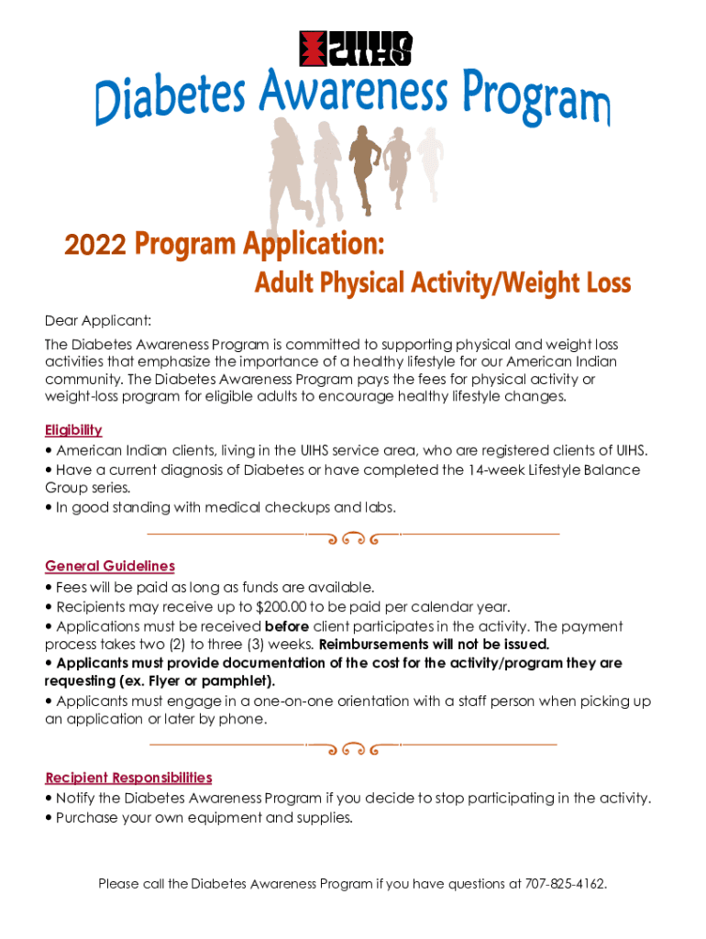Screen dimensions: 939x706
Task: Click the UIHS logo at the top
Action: point(356,49)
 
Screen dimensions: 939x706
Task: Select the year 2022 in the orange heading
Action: point(95,246)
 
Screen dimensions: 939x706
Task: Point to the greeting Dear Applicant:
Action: point(98,320)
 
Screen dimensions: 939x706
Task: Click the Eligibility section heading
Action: point(73,430)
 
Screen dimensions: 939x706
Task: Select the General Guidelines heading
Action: point(110,566)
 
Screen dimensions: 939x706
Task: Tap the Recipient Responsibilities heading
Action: point(128,778)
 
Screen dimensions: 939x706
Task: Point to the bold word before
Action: point(286,626)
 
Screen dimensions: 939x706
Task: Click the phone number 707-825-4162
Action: point(565,884)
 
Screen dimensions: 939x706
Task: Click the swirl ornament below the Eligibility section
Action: point(353,537)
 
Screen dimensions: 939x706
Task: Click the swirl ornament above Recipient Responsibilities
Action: point(353,748)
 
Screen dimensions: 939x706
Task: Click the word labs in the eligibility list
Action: point(379,506)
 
